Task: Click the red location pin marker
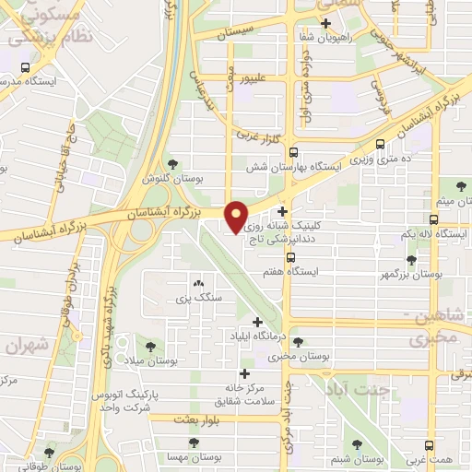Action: (x=236, y=217)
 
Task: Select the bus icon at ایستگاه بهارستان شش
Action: (x=293, y=153)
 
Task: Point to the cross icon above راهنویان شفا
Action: (x=325, y=22)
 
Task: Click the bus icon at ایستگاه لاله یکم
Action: (x=433, y=219)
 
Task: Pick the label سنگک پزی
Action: (x=195, y=299)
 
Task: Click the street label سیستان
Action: (x=234, y=32)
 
